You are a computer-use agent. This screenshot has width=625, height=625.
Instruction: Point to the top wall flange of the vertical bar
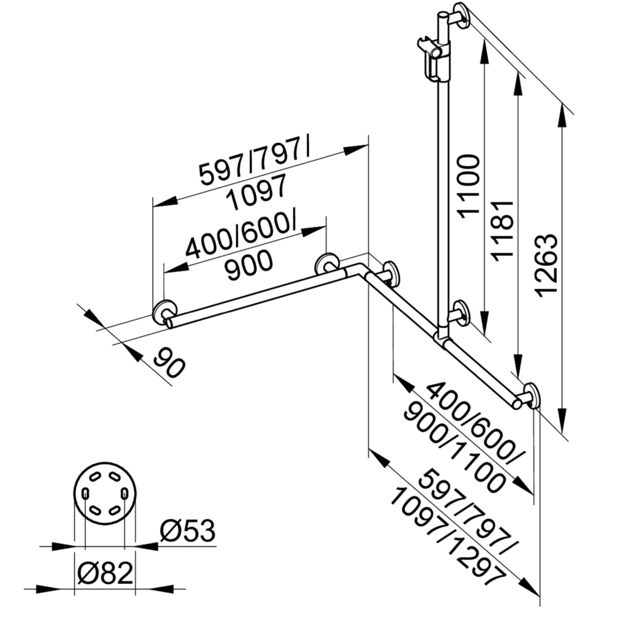point(461,16)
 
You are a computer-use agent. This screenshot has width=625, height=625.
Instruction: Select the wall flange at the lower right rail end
point(531,396)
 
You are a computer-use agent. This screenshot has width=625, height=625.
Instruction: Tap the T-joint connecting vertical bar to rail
point(441,337)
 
